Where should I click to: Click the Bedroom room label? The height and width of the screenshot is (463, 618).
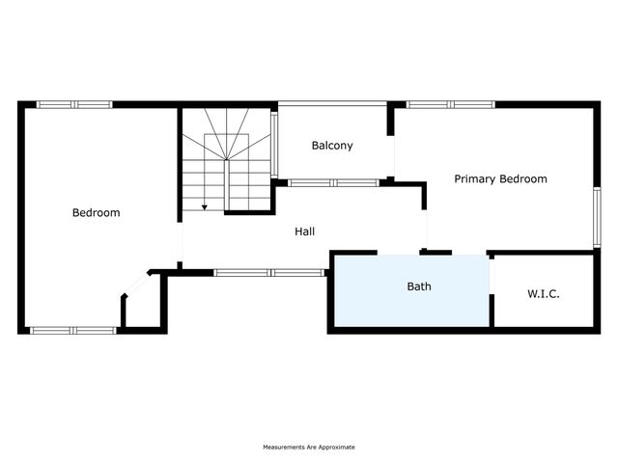click(97, 212)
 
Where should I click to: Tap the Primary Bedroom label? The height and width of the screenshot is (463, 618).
click(500, 179)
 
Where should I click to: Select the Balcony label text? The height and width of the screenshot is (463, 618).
click(332, 146)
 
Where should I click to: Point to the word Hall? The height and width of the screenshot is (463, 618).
click(305, 231)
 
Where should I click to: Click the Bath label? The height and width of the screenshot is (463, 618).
click(419, 286)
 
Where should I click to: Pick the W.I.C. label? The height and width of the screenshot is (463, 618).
click(544, 293)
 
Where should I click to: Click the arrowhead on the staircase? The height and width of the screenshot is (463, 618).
click(204, 207)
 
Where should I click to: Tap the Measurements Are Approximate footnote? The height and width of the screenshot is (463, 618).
click(309, 448)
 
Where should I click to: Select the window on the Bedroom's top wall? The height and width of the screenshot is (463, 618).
click(74, 104)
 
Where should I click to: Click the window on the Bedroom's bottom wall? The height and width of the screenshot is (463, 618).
click(73, 330)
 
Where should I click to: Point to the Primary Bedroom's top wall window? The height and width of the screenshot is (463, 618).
click(451, 104)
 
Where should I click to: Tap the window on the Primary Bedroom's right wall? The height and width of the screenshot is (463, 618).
click(597, 217)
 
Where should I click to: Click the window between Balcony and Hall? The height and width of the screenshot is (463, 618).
click(333, 182)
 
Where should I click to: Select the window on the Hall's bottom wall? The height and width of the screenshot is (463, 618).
click(269, 272)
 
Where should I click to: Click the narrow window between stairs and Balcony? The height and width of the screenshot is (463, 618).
click(274, 146)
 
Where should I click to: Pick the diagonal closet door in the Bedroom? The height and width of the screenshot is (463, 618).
click(136, 285)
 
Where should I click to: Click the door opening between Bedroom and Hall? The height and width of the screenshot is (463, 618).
click(180, 242)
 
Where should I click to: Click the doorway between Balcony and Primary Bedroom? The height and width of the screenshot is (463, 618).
click(390, 156)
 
